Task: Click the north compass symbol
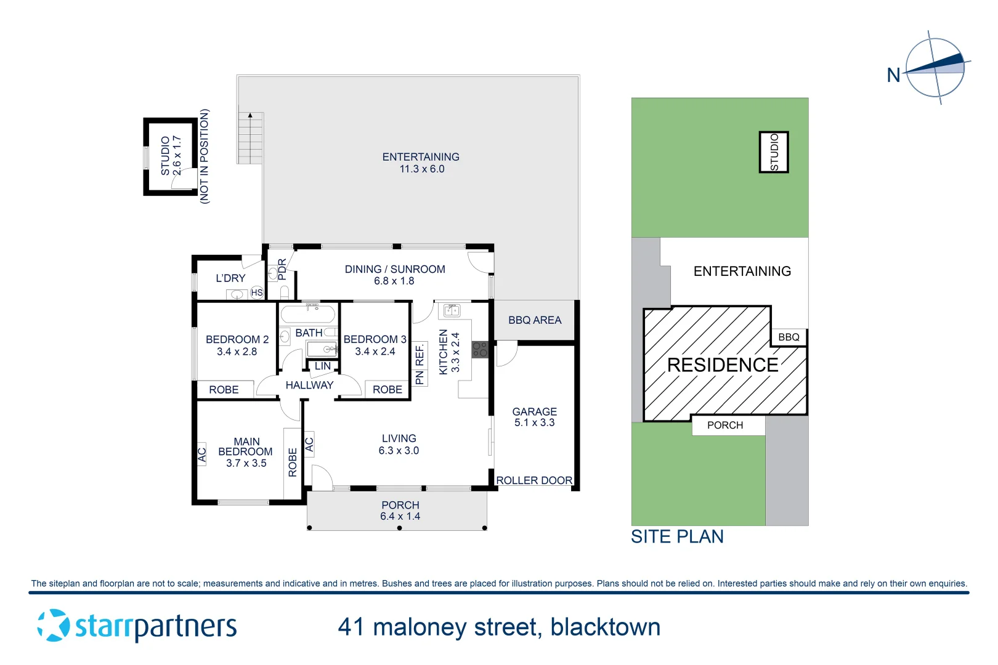[x=935, y=68]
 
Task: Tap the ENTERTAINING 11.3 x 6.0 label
[x=421, y=163]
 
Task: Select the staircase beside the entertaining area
[x=251, y=138]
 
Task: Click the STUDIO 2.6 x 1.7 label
[x=171, y=156]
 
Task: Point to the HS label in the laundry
[x=257, y=292]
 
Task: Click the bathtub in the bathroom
[x=307, y=315]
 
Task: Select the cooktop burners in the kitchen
[x=480, y=350]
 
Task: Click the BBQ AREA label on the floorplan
[x=535, y=320]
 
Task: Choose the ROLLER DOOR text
[x=534, y=480]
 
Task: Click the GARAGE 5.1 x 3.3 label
[x=535, y=417]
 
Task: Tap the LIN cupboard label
[x=323, y=366]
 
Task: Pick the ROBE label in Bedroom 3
[x=387, y=390]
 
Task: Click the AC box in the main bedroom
[x=201, y=455]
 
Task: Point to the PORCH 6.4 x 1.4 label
[x=400, y=511]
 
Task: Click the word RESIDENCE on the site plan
[x=723, y=365]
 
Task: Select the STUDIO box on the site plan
[x=774, y=152]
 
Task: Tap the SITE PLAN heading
[x=677, y=537]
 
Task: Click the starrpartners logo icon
[x=54, y=626]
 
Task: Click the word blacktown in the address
[x=605, y=627]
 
